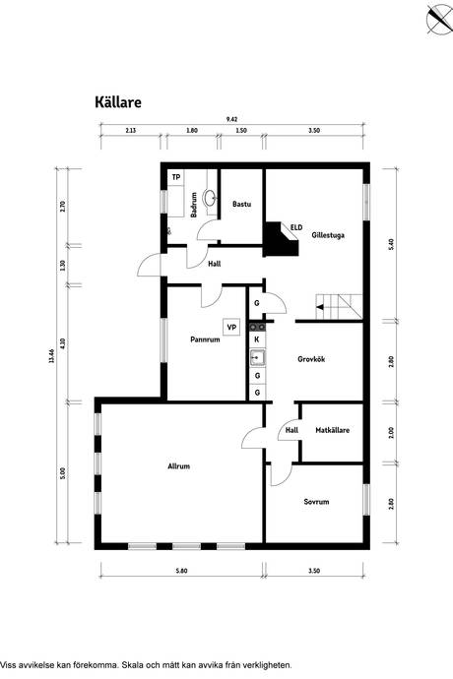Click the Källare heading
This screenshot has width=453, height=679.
[118, 102]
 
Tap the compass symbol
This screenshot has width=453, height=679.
[438, 18]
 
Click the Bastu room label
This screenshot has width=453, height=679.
[241, 204]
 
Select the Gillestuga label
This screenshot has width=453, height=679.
[328, 235]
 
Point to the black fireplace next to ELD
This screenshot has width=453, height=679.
[281, 239]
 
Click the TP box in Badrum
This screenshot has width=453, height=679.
[176, 177]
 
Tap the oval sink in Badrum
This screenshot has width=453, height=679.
[211, 198]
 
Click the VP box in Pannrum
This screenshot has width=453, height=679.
[231, 327]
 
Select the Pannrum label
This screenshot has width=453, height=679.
[205, 339]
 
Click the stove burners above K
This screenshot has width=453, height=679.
[257, 327]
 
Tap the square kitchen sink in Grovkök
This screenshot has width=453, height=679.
[257, 357]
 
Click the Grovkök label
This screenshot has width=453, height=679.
[311, 359]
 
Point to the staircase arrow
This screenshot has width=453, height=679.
[320, 307]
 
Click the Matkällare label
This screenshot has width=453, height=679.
[333, 430]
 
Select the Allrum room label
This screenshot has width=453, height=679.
[178, 466]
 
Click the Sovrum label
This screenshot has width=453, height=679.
[316, 502]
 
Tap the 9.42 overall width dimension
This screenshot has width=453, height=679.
[232, 119]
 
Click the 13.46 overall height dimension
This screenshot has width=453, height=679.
[52, 356]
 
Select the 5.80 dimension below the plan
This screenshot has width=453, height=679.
[181, 571]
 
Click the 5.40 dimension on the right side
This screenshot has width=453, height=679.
[392, 245]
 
